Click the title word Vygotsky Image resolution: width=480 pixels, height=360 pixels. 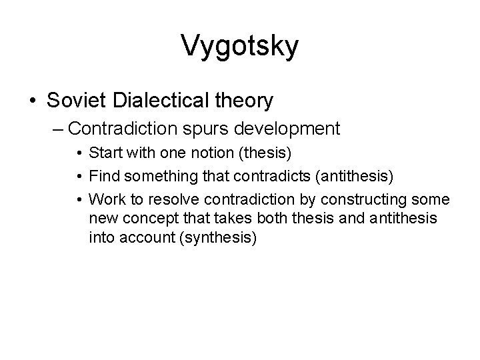coord(239,47)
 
